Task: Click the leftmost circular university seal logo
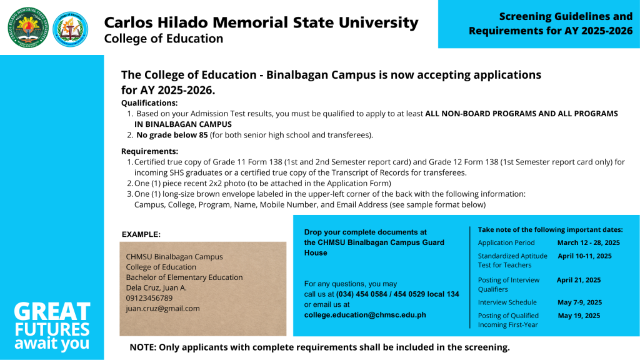point(27,27)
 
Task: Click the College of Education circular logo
point(71,29)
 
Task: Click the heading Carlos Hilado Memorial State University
point(261,22)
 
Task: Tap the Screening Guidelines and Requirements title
point(551,24)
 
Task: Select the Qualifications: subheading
point(149,102)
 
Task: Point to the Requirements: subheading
point(149,151)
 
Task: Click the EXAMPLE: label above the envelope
point(141,234)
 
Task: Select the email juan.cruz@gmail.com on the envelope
point(162,308)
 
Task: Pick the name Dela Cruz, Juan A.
point(156,287)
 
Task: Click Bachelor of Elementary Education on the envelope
point(184,277)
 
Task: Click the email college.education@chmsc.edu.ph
point(365,315)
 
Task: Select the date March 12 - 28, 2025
point(588,242)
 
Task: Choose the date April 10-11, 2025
point(584,256)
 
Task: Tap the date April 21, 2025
point(578,280)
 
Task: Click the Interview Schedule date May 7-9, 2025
point(579,302)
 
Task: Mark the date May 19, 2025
point(578,316)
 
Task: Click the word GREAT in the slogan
point(52,311)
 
